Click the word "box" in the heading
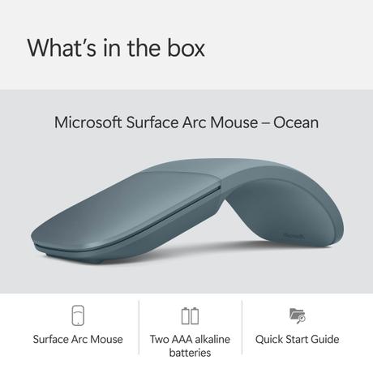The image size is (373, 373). point(183,47)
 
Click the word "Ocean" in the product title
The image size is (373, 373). point(294,123)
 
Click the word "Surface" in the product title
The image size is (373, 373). point(154,123)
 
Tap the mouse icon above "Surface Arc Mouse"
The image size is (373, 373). point(78,315)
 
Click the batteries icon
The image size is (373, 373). point(190,315)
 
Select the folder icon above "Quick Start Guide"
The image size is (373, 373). point(297,315)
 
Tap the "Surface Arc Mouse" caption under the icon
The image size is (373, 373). point(78,339)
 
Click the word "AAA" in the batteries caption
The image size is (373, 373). point(186,339)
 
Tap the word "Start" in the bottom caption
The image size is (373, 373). point(297,339)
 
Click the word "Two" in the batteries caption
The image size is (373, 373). point(161,339)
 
